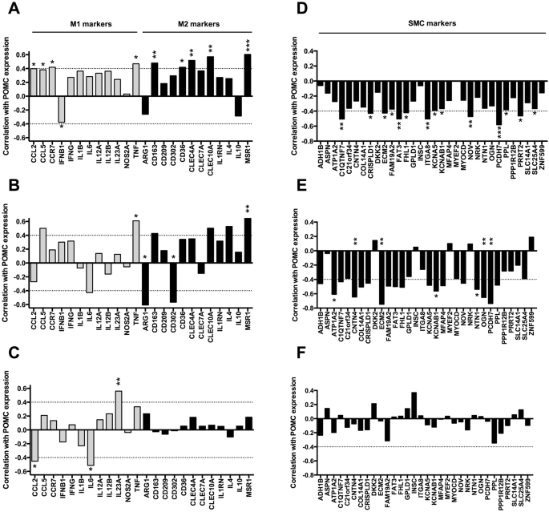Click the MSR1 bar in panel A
(x=248, y=75)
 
